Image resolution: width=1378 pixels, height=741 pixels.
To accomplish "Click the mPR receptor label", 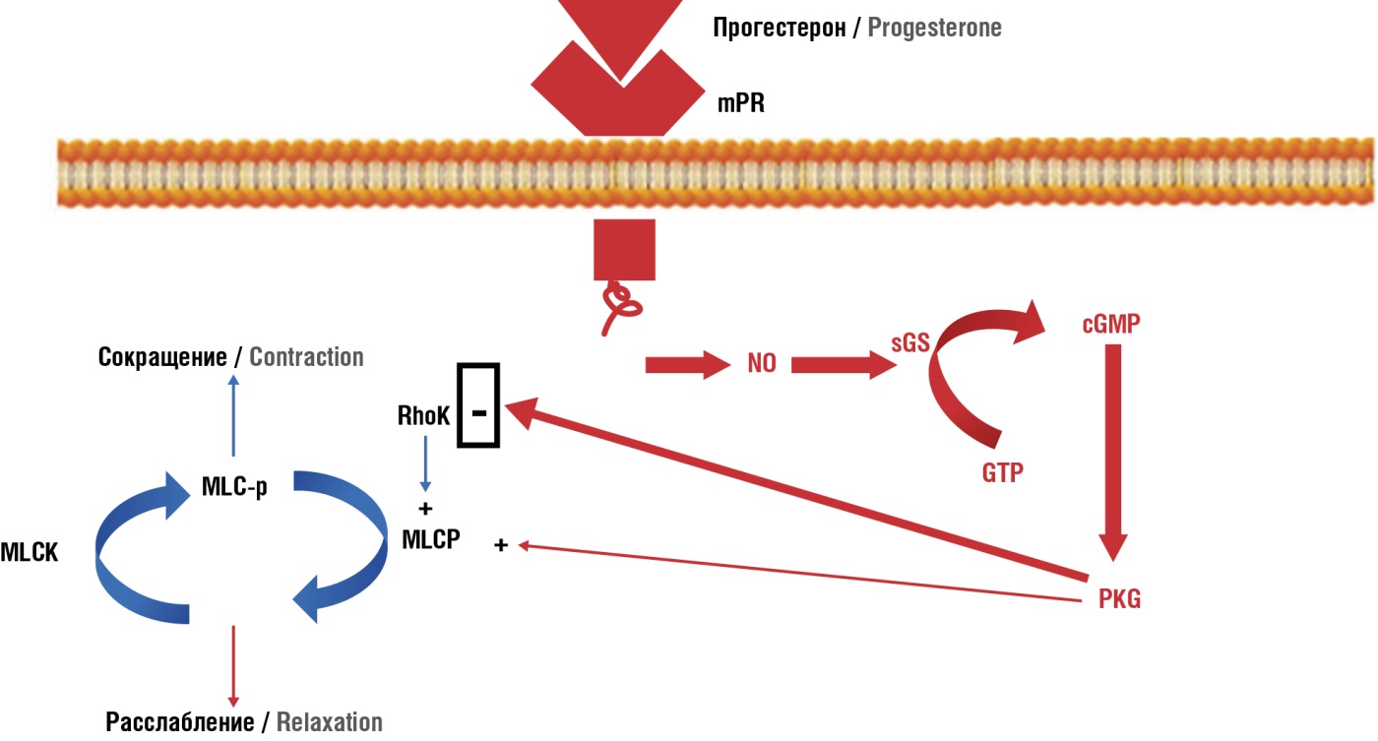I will point(740,102).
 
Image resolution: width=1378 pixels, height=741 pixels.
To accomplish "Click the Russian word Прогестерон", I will point(779,28).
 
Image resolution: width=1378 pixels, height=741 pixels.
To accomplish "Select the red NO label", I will point(762,364).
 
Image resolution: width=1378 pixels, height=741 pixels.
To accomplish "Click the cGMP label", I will point(1110,325).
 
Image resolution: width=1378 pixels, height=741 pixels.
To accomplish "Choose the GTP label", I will point(1002,472).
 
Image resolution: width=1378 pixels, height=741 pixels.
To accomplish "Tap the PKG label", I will point(1119,598).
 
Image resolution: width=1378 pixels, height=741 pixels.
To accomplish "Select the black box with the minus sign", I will point(478,404).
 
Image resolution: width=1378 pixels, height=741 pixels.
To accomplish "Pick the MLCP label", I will point(431,539).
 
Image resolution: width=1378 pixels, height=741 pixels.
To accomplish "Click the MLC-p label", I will point(233,488).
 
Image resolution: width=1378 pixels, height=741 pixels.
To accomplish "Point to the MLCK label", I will point(30,553).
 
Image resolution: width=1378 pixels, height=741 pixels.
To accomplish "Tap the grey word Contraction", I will point(306,356).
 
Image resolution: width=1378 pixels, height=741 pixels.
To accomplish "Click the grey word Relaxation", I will point(329,722).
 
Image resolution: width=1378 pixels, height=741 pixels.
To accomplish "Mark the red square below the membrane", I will point(624,250).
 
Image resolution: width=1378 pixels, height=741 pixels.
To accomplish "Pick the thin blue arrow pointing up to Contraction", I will point(233,418).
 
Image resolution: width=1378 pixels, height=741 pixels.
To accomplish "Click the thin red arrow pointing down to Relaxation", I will point(233,667).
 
